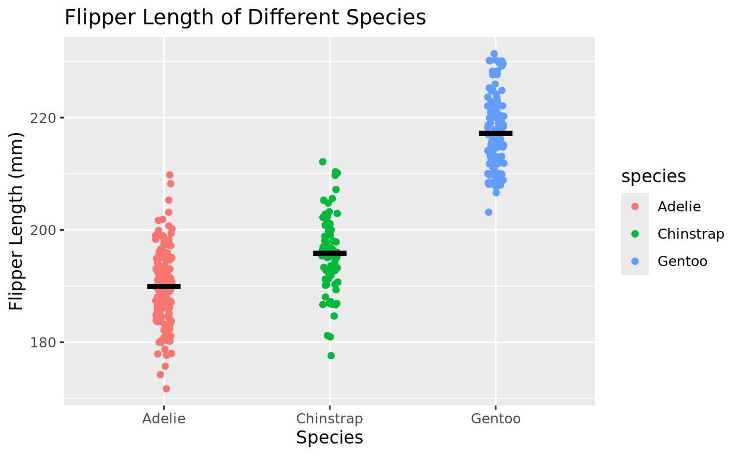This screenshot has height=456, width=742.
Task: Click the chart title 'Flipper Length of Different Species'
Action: [x=245, y=18]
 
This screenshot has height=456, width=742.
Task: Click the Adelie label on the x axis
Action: [x=164, y=419]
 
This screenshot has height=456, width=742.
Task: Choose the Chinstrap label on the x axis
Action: [x=329, y=419]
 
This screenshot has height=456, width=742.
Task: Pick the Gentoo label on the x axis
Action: [x=495, y=419]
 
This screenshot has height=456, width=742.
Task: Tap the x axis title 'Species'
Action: [x=329, y=438]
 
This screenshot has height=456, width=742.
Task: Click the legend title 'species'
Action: [x=653, y=176]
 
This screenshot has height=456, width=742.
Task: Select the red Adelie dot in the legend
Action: [x=635, y=207]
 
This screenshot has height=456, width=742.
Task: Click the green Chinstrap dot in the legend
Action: [x=635, y=234]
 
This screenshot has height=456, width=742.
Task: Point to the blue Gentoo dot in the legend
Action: [x=635, y=261]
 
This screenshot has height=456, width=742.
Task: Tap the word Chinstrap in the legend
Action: [x=691, y=234]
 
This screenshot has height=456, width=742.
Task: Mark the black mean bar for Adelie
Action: [x=164, y=286]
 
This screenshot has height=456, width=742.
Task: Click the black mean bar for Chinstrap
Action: [x=329, y=253]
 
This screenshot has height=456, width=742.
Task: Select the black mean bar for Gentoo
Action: [x=495, y=133]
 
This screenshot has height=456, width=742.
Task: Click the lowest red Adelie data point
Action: [x=166, y=389]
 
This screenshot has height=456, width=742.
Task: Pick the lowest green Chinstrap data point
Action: [x=331, y=356]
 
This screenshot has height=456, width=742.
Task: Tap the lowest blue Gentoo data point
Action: [x=489, y=212]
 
